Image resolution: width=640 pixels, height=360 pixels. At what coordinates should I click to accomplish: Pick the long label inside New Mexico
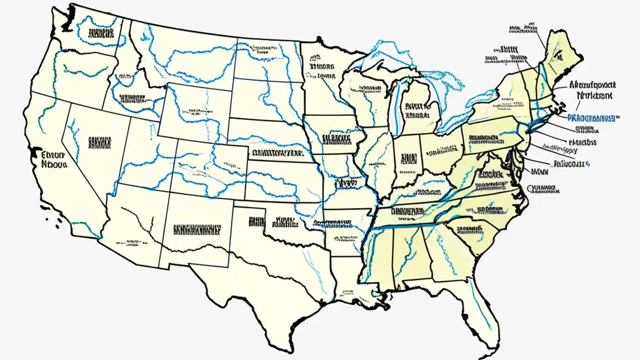[x=197, y=229]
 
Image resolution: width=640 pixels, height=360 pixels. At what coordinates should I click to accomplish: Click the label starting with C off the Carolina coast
[x=543, y=189]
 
